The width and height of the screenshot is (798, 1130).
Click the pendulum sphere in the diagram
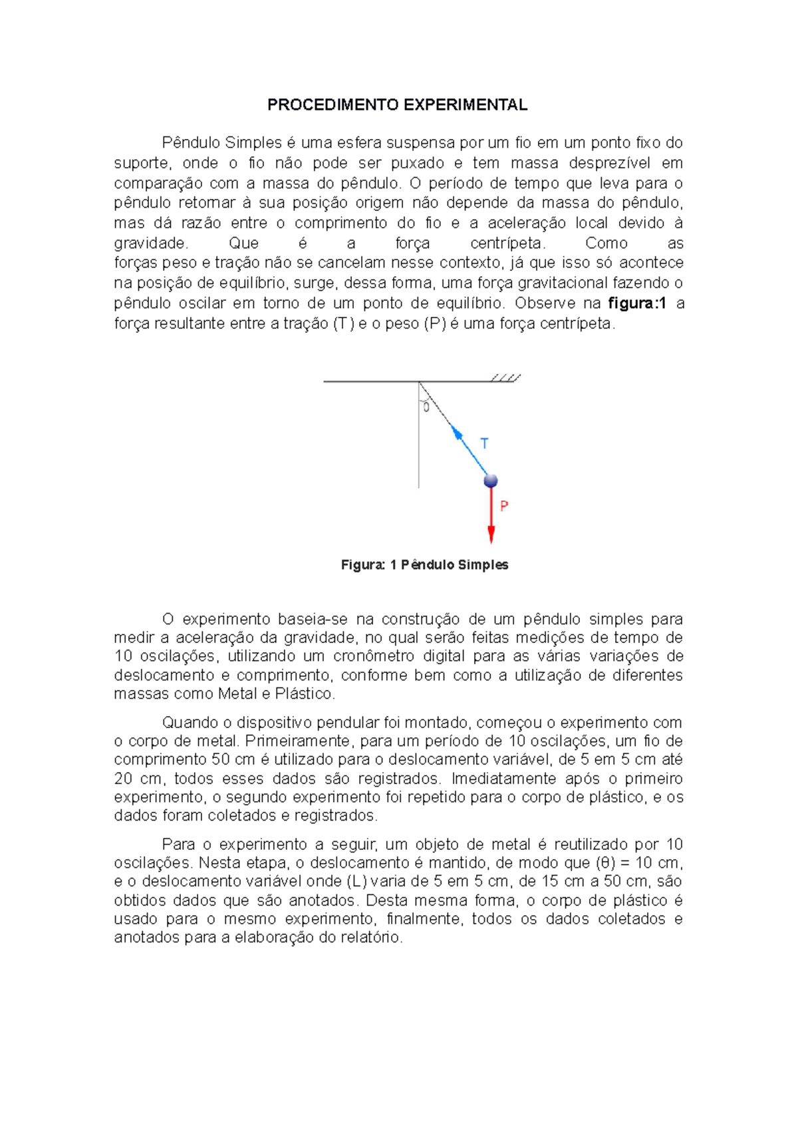(491, 480)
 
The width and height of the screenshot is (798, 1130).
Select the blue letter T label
(485, 443)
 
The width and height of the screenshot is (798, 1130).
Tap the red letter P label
(504, 506)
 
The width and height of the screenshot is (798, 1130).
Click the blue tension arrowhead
(457, 432)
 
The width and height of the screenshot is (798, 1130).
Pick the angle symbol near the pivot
(426, 407)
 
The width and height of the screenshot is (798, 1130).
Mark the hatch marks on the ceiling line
(505, 378)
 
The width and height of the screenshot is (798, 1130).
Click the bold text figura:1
(637, 303)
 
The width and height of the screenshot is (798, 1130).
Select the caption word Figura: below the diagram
(363, 565)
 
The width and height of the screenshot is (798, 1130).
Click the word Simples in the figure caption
(483, 565)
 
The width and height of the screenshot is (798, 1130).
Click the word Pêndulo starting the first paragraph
(191, 143)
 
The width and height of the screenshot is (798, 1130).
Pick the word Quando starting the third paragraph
(190, 723)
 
